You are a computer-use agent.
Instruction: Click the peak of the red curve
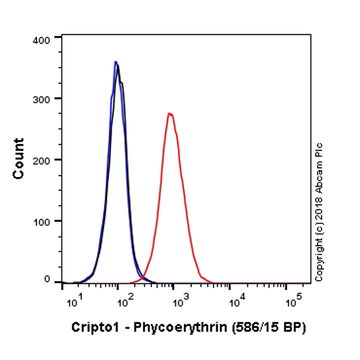click(170, 113)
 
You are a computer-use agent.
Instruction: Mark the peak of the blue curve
click(115, 62)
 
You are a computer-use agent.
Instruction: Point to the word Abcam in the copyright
click(319, 178)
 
